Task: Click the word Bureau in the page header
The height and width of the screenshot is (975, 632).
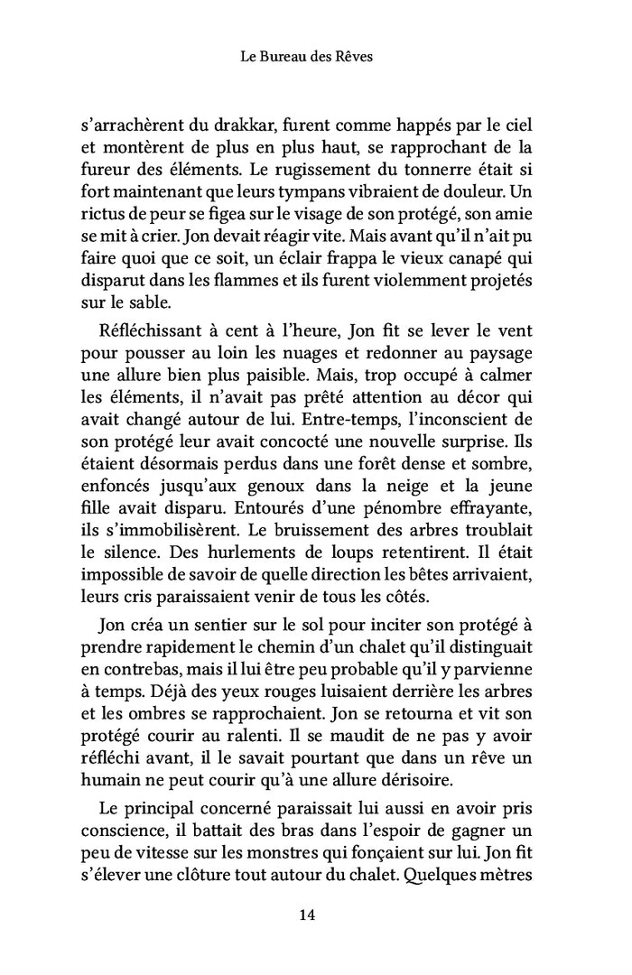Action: click(286, 56)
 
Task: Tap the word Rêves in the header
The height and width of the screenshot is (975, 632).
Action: click(354, 56)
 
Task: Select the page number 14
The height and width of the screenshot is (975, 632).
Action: click(306, 915)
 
